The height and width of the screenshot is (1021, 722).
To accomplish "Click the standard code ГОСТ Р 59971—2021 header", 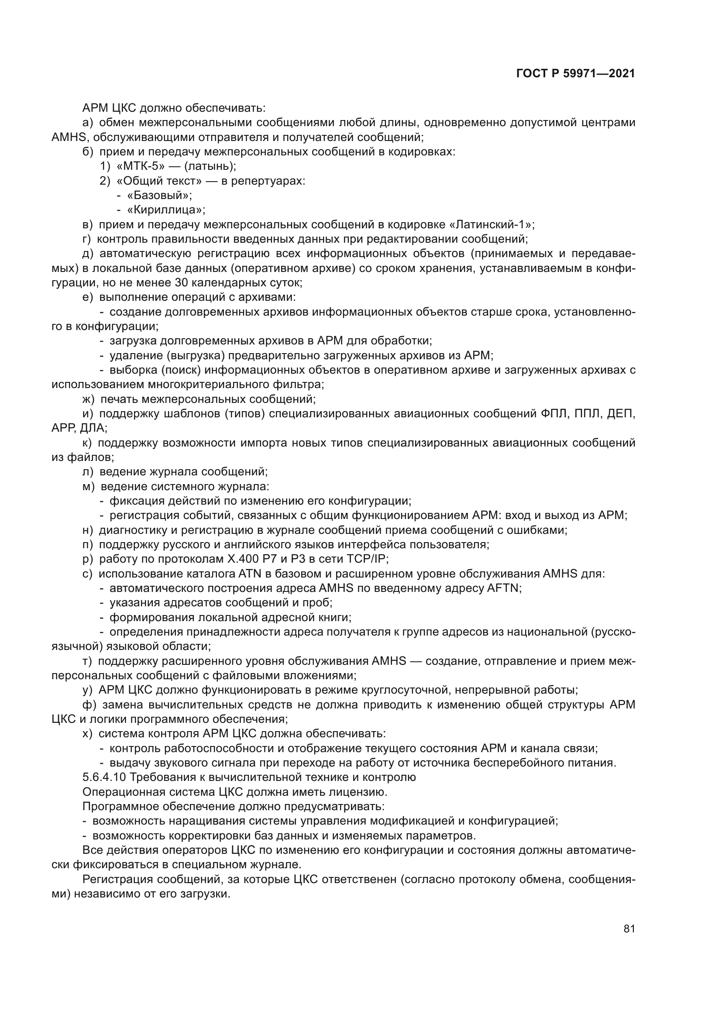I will coord(576,74).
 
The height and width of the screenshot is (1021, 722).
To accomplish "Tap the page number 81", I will coord(629,928).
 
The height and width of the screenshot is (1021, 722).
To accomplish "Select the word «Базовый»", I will coord(158,195).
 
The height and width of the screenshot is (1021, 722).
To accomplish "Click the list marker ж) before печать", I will coord(89,399).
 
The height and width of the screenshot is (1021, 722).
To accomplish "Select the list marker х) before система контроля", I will coord(88,734).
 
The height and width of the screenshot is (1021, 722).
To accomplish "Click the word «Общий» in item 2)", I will coord(138,181).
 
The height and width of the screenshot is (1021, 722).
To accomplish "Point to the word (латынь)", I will coord(210,166).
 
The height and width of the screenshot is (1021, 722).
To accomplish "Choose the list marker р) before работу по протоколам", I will coord(88,559).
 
